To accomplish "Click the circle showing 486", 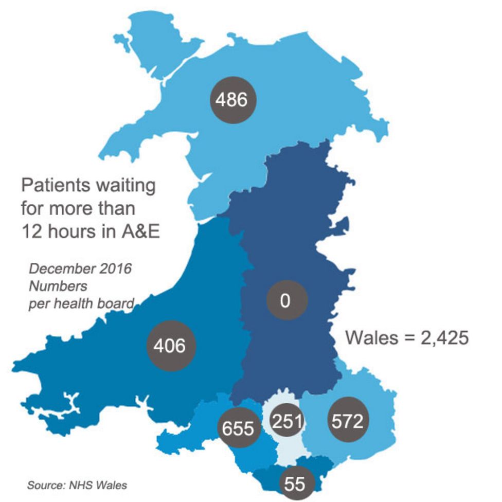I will pos(231,100).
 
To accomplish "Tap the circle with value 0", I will pos(286,300).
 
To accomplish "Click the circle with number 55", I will pos(295,482).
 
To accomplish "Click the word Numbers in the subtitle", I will pos(58,286).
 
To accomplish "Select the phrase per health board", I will pos(81,303).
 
